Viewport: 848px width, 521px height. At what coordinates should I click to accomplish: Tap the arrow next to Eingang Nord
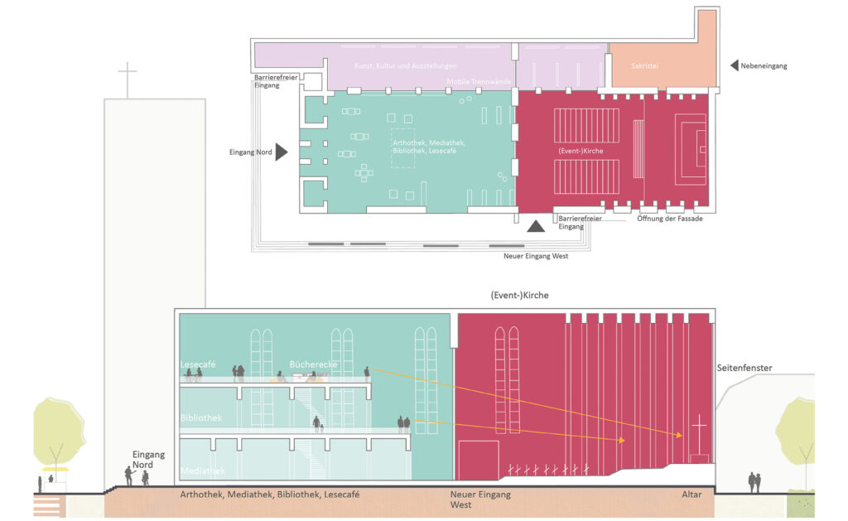[282, 152]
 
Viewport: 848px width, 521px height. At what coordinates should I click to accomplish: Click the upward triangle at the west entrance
[537, 225]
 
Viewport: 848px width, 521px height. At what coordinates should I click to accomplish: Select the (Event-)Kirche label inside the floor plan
[580, 151]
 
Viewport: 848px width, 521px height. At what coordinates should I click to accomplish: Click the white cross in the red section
[700, 433]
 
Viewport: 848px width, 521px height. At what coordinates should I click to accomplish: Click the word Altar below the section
[691, 494]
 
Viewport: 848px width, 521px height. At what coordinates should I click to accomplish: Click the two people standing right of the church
[755, 481]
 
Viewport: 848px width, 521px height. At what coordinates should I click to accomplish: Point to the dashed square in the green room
[403, 149]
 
